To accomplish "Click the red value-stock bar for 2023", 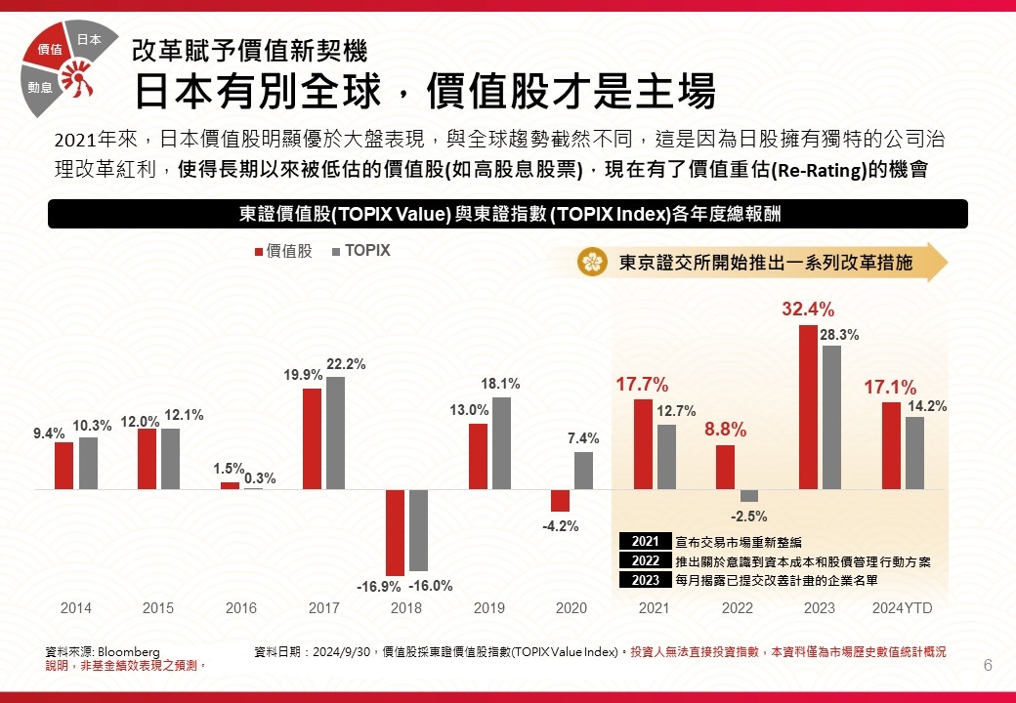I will coord(808,406).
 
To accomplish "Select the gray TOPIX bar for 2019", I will coord(500,442).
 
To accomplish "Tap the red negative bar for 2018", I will coord(395,532).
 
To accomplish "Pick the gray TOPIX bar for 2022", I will coord(749,495).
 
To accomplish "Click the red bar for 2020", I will coord(560,500).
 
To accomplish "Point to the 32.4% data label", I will coord(808,310).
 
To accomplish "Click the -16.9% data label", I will coord(378,587).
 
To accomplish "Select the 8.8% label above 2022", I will coord(725,429).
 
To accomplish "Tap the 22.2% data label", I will coord(346,364).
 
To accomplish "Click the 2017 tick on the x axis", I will coord(324,608).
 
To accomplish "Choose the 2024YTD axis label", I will coord(902,608).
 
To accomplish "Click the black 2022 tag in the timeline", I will coord(646,560).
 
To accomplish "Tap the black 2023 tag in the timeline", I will coord(646,580).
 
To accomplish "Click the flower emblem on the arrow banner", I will coord(592,262).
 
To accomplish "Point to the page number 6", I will coord(988,666).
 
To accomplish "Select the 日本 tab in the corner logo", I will coord(89,40).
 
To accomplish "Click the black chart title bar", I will coord(508,214).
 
